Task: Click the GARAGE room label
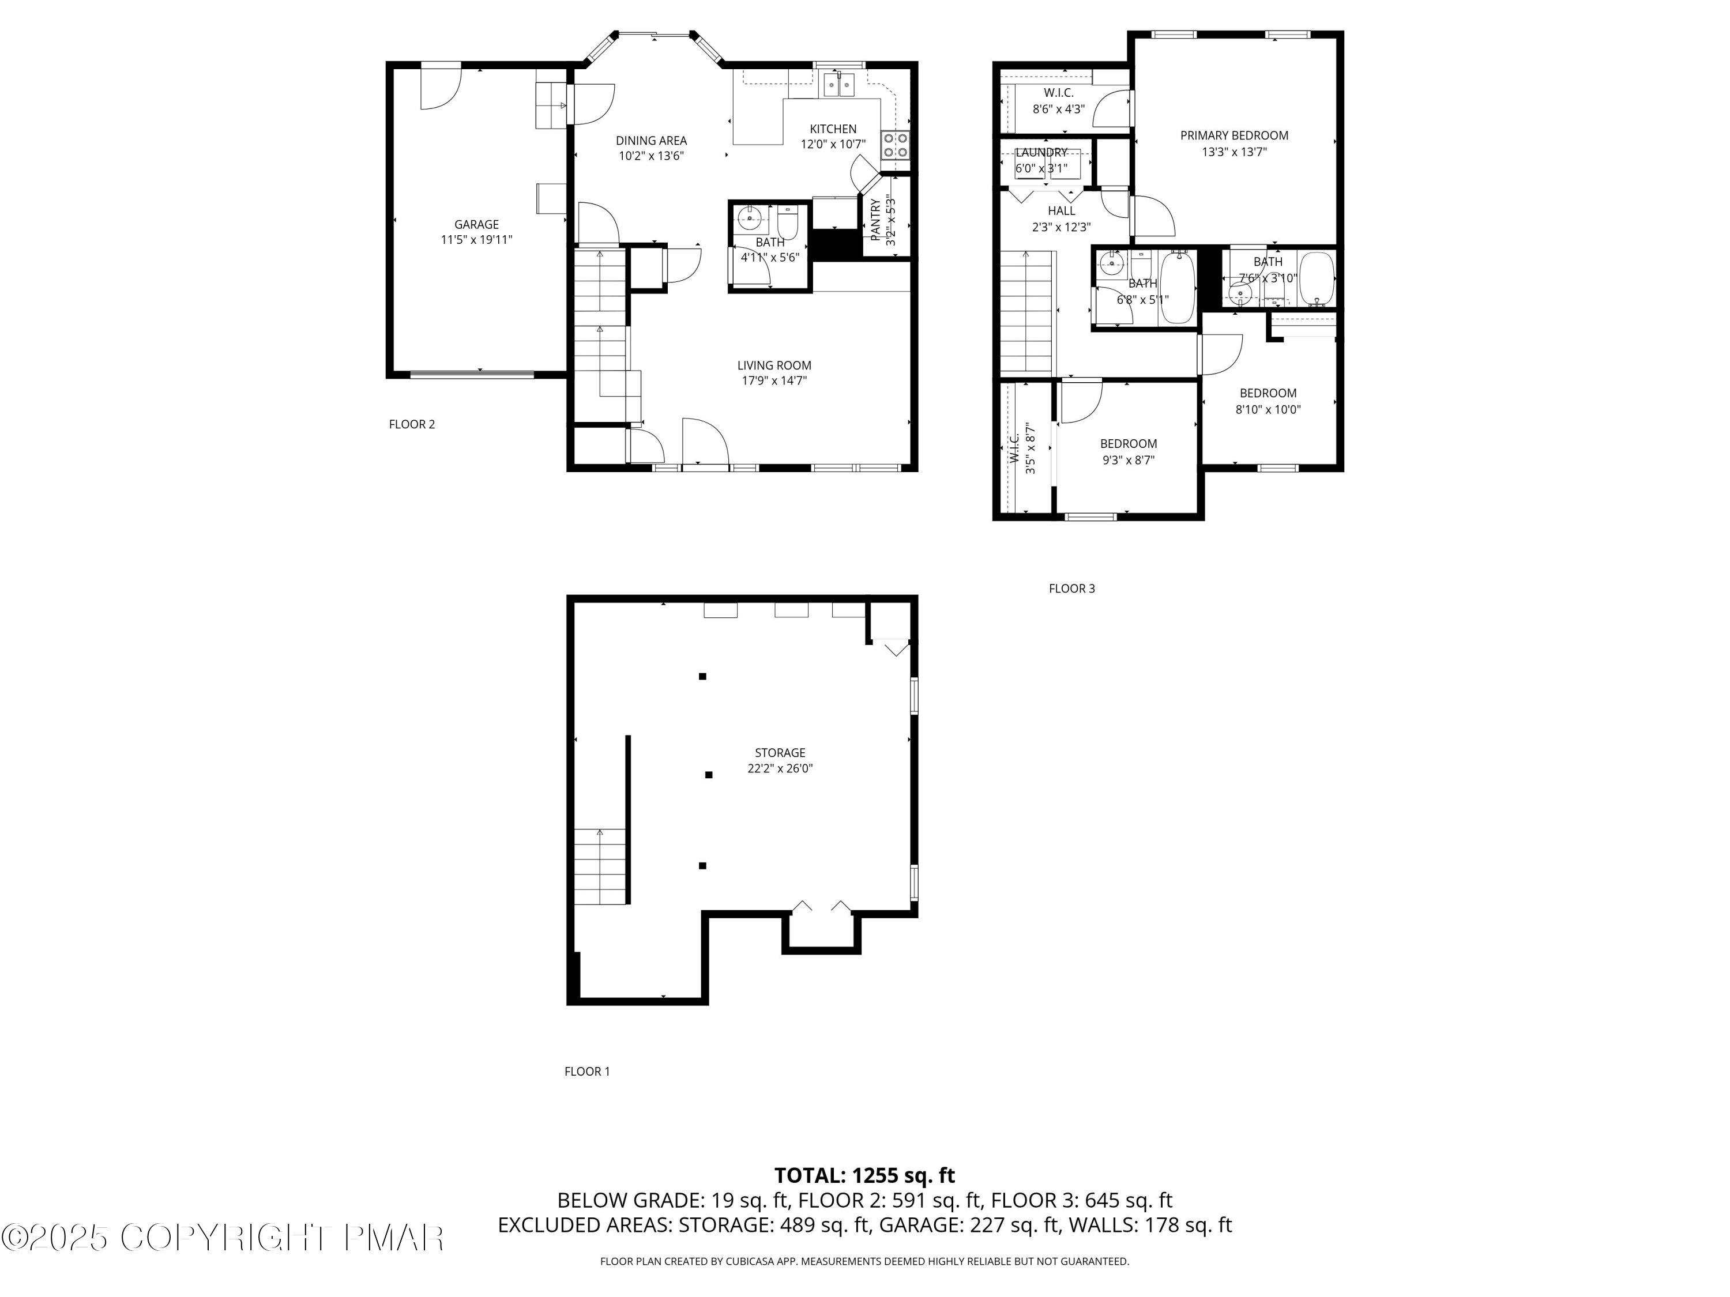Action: tap(476, 224)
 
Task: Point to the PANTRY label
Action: tap(876, 220)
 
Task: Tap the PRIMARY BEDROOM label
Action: tap(1234, 135)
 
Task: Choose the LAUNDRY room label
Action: tap(1041, 152)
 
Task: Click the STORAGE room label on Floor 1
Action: tap(779, 753)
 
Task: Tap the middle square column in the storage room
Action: tap(709, 775)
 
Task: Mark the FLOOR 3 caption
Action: tap(1071, 589)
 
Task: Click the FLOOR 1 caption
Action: tap(586, 1071)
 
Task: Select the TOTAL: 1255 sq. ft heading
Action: tap(864, 1176)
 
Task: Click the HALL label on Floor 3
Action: tap(1061, 210)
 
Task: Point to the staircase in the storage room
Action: tap(601, 866)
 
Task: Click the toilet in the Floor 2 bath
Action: tap(787, 223)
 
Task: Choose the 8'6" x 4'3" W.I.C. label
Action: tap(1058, 110)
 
